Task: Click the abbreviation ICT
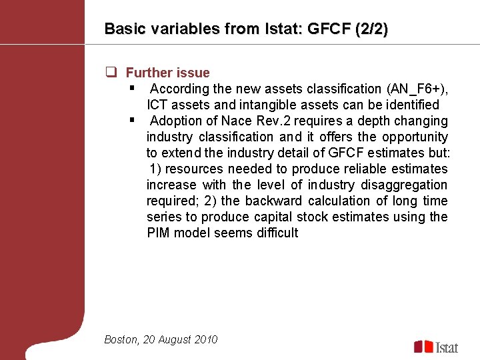158,105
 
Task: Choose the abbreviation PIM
159,233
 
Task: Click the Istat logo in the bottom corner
437,347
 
